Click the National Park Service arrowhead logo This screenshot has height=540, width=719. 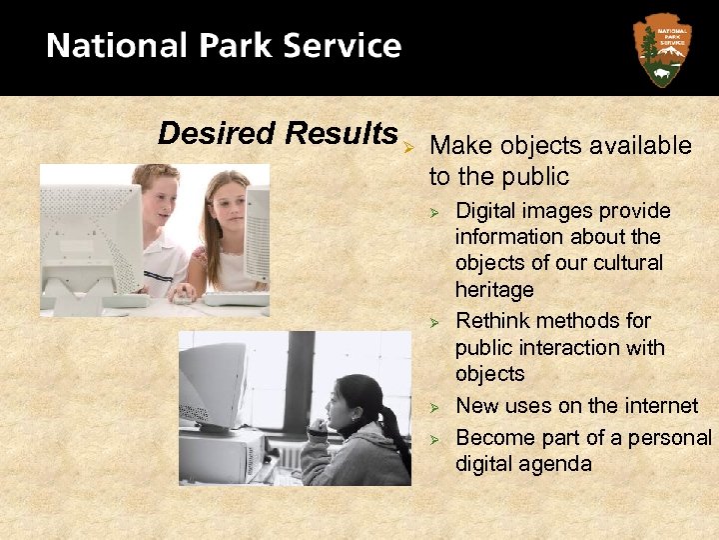[662, 48]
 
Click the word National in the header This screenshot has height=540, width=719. [107, 47]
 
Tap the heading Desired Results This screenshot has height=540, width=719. [278, 132]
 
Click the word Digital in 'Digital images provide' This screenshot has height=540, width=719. [486, 211]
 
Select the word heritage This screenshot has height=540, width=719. [494, 289]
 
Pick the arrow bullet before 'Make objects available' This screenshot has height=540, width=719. [409, 147]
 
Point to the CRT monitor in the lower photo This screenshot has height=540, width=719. [214, 385]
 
